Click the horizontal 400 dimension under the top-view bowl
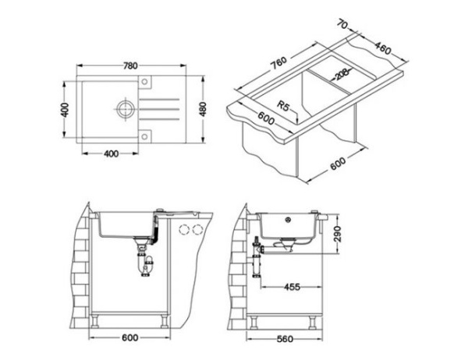(109, 154)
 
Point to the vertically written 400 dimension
(66, 109)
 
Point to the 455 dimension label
(292, 288)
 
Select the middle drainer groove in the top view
(162, 109)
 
